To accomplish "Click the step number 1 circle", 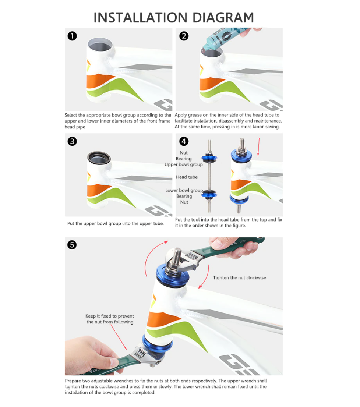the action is point(72,36).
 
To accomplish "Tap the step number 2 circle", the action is point(184,36).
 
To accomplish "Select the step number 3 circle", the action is point(72,141).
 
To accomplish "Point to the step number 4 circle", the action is point(184,141).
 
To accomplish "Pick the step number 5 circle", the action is point(72,245).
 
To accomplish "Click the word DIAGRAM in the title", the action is point(223,18).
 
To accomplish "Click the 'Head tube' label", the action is point(187,177).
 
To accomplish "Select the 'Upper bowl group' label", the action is point(184,164).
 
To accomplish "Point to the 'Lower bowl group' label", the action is point(184,190).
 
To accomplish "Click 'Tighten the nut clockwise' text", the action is point(240,278).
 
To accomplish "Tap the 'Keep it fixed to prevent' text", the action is point(110,316).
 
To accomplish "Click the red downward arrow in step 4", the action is point(258,147).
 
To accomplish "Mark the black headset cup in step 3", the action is point(99,158).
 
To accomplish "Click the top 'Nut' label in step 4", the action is point(184,153).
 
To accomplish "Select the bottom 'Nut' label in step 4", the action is point(184,202).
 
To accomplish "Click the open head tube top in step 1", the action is point(100,46).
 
